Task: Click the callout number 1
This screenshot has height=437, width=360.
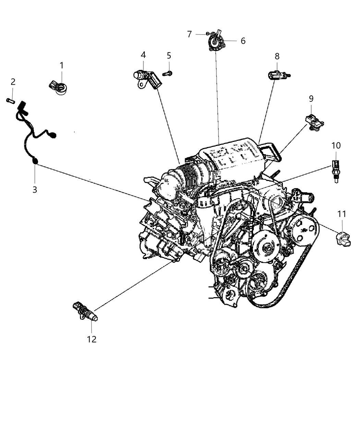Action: [x=62, y=65]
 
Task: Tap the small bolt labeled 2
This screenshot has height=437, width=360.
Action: [x=10, y=100]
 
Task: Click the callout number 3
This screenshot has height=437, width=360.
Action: [x=35, y=189]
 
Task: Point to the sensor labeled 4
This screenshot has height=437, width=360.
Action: [x=147, y=77]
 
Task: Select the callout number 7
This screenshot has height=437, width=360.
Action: [x=189, y=34]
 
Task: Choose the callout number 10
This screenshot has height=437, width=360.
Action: [x=336, y=145]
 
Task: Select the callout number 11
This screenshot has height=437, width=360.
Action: [x=341, y=214]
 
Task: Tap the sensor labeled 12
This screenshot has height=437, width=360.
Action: [x=85, y=311]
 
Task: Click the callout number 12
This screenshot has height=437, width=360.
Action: [x=92, y=339]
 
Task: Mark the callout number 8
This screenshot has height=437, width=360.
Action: [x=277, y=56]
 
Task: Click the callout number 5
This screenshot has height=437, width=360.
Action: [x=169, y=56]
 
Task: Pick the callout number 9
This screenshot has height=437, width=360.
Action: [x=311, y=99]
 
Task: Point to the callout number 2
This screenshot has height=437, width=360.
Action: [x=13, y=82]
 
